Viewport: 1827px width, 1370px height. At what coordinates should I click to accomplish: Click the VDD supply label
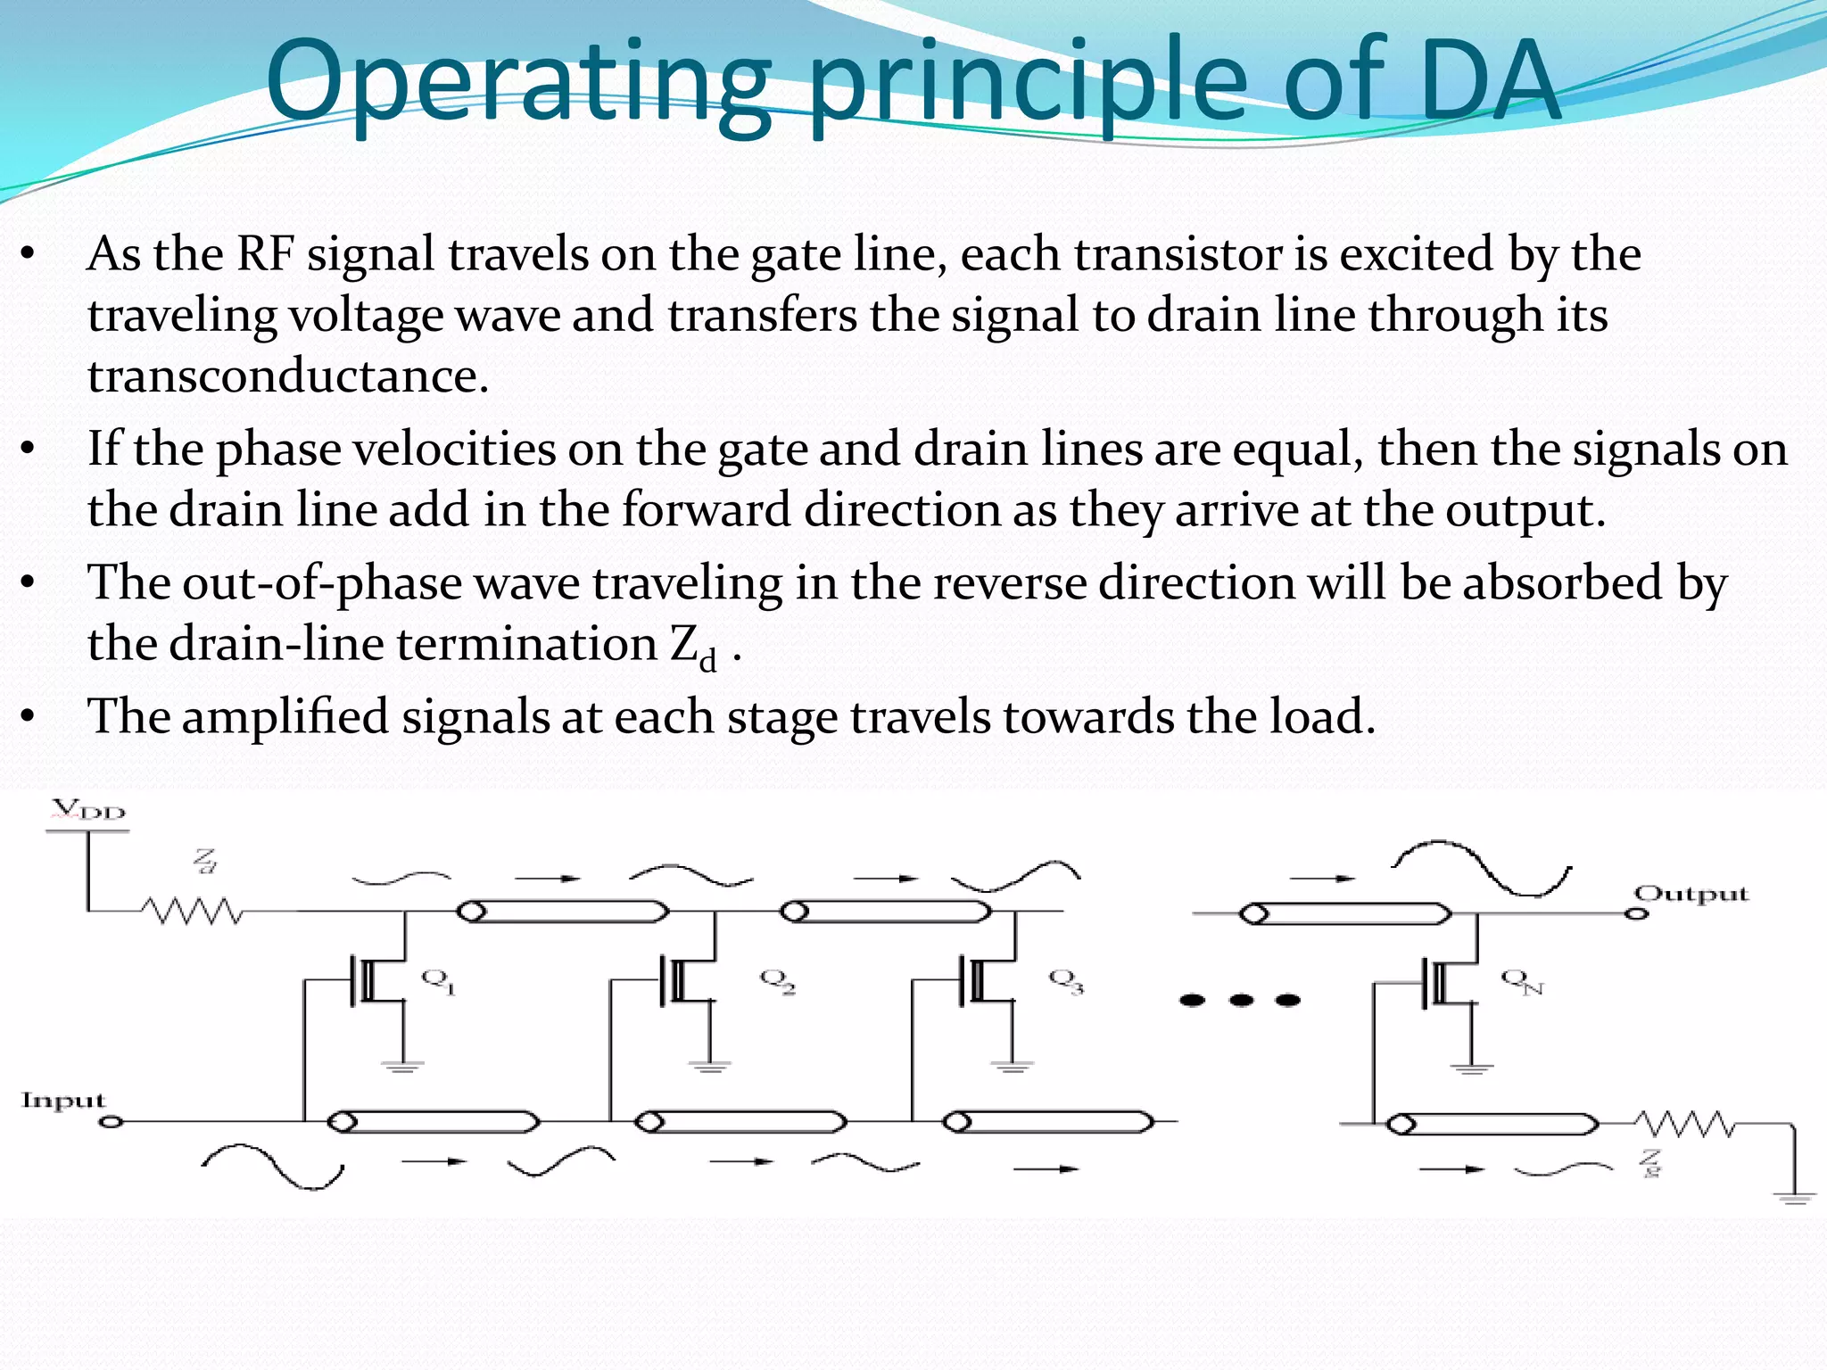[x=88, y=811]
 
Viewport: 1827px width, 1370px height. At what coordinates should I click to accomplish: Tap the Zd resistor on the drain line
[x=191, y=912]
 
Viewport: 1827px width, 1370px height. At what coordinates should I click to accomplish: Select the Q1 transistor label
[x=438, y=980]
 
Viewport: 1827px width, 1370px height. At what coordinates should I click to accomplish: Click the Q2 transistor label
[x=777, y=980]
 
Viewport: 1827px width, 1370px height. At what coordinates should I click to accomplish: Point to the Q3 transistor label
[x=1066, y=980]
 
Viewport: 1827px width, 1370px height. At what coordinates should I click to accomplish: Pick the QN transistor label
[x=1522, y=981]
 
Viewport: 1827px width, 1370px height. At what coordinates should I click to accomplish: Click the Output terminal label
[x=1691, y=894]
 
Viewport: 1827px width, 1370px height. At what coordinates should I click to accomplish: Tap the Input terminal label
[x=63, y=1100]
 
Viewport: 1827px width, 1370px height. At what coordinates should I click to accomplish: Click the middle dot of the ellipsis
[x=1241, y=1000]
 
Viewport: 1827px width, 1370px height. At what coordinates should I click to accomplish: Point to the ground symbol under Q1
[x=402, y=1065]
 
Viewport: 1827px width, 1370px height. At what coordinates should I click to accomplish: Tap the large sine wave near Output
[x=1482, y=865]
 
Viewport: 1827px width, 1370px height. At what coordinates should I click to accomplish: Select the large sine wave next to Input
[x=272, y=1164]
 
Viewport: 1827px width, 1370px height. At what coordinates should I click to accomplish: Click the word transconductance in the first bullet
[x=288, y=376]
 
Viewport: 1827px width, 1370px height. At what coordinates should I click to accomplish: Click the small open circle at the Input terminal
[x=111, y=1121]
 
